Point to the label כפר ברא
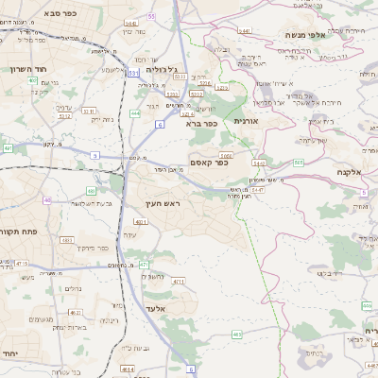pos(202,123)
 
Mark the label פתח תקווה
pos(20,232)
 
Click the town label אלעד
pos(157,308)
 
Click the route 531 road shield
pos(133,71)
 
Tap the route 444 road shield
pos(135,112)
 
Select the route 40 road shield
pos(46,200)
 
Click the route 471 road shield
pos(145,266)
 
